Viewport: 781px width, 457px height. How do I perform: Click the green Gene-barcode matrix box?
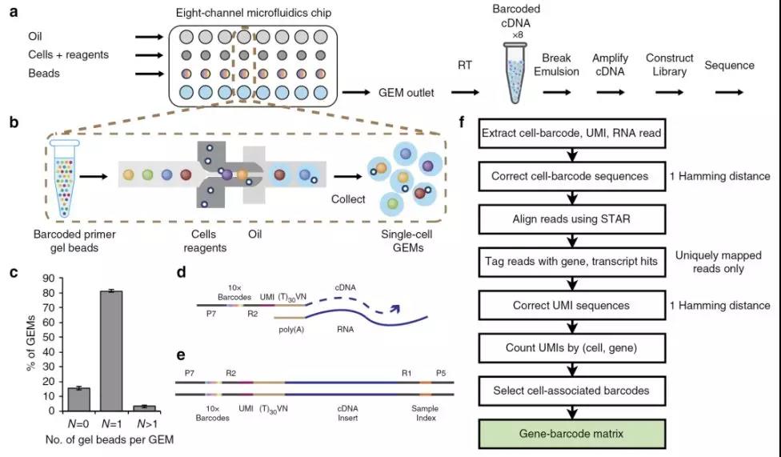pos(572,434)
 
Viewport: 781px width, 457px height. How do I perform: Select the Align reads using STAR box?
pos(572,218)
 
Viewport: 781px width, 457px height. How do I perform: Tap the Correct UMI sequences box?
pos(572,305)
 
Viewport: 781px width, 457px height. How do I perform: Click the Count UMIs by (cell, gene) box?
pos(572,348)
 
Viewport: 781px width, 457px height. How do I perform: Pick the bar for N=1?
pos(111,351)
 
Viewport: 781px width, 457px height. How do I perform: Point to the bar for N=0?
pos(78,399)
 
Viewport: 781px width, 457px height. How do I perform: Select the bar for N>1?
pos(145,408)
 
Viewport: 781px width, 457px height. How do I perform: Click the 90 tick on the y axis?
pos(49,278)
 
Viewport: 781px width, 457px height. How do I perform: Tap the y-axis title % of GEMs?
pos(31,343)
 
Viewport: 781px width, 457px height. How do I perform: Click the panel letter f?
pos(462,122)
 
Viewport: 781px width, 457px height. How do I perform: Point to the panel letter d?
pos(182,271)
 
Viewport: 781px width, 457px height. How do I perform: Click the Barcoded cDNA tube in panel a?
pos(515,73)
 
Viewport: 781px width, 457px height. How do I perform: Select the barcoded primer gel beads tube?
pos(64,178)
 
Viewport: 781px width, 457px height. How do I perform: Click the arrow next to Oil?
pos(149,37)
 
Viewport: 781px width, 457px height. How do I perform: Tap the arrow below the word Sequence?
pos(729,92)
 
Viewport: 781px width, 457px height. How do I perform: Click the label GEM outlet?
pos(406,93)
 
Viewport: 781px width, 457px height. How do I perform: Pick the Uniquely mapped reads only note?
pos(719,262)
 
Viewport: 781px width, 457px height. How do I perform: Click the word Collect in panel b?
pos(348,198)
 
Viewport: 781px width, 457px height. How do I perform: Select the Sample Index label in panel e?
pos(425,413)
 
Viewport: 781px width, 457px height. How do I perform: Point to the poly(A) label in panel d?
pos(291,330)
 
